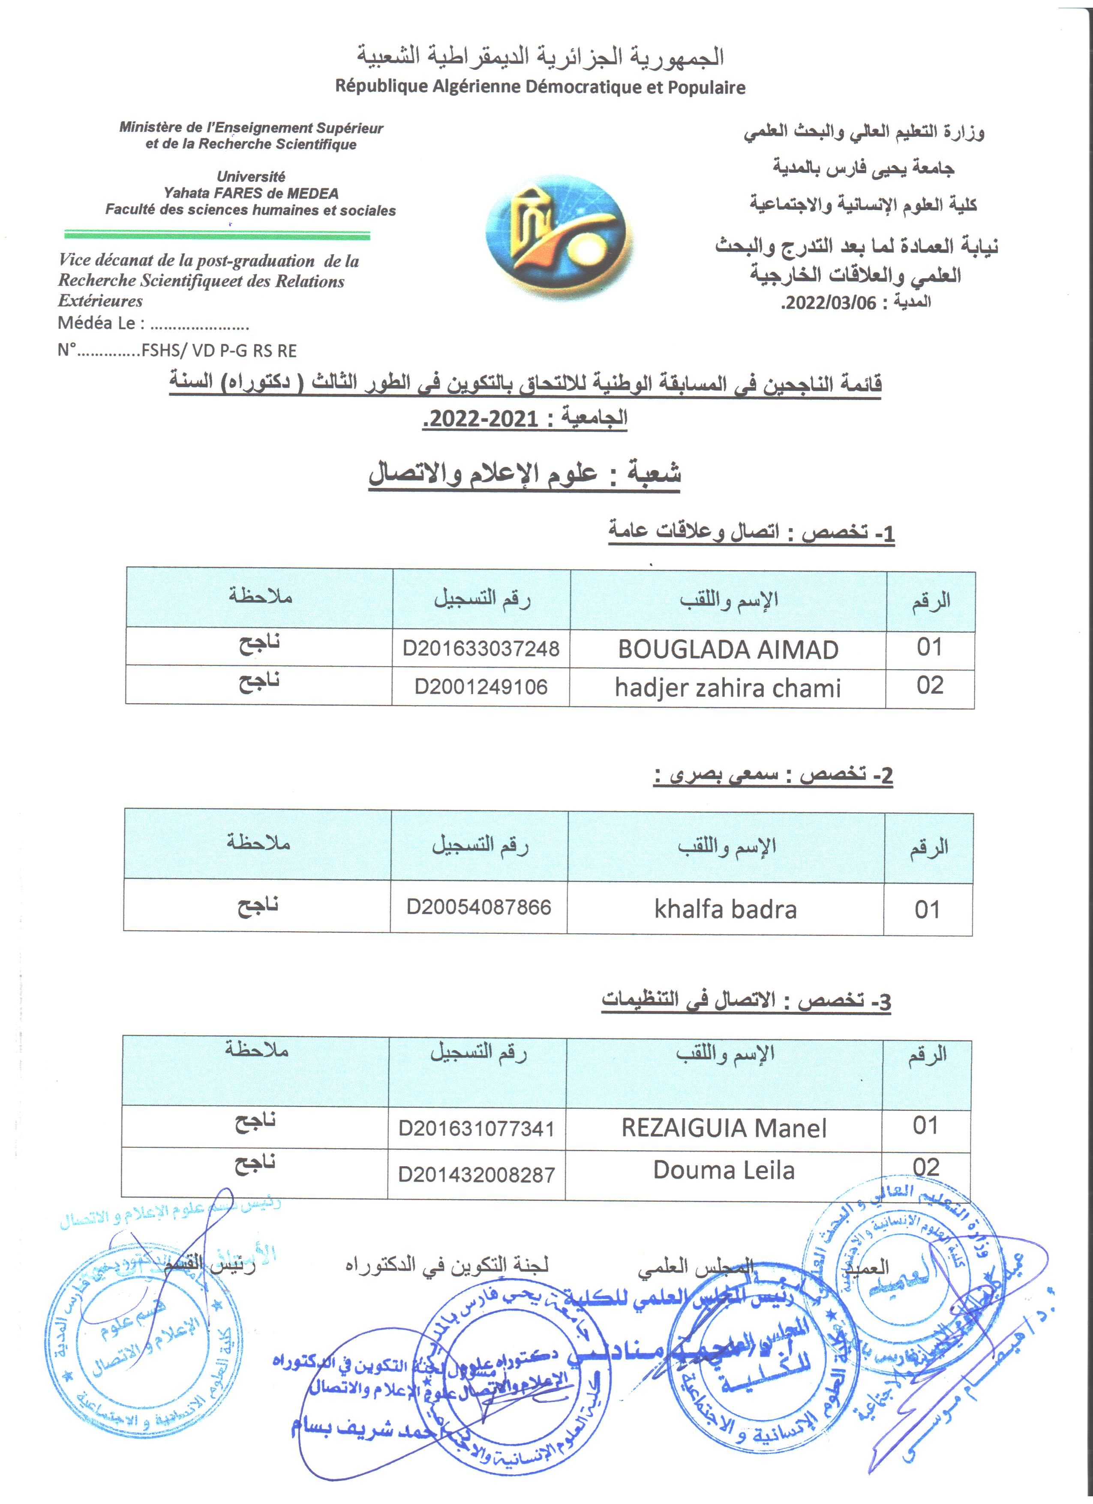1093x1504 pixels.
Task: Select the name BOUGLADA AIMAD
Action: pos(728,649)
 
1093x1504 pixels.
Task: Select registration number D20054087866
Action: pos(478,907)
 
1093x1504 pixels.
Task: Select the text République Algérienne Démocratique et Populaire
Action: pos(540,87)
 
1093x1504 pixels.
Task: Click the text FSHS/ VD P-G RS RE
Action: pos(219,351)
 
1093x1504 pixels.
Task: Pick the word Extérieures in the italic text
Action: pos(100,301)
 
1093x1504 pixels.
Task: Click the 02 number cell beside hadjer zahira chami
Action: pos(929,686)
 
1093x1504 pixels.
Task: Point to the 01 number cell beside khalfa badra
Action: pos(927,910)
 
